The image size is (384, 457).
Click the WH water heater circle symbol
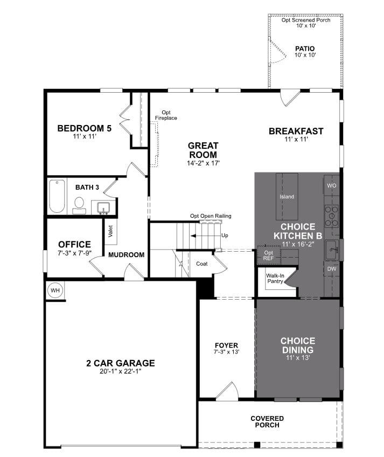pyautogui.click(x=55, y=290)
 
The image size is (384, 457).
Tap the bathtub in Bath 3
pyautogui.click(x=57, y=197)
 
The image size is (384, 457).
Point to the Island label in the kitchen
pyautogui.click(x=287, y=197)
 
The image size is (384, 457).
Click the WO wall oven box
pyautogui.click(x=331, y=185)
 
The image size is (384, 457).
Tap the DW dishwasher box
pyautogui.click(x=331, y=268)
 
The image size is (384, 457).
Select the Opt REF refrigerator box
pyautogui.click(x=269, y=255)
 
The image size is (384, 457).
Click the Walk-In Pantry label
pyautogui.click(x=275, y=278)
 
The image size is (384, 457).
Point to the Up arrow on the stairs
pyautogui.click(x=225, y=236)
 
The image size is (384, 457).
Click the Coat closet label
pyautogui.click(x=202, y=264)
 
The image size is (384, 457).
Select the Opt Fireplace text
pyautogui.click(x=166, y=115)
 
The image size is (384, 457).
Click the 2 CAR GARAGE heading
pyautogui.click(x=120, y=363)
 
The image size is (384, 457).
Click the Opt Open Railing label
pyautogui.click(x=210, y=216)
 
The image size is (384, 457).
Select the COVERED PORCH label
pyautogui.click(x=267, y=421)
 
